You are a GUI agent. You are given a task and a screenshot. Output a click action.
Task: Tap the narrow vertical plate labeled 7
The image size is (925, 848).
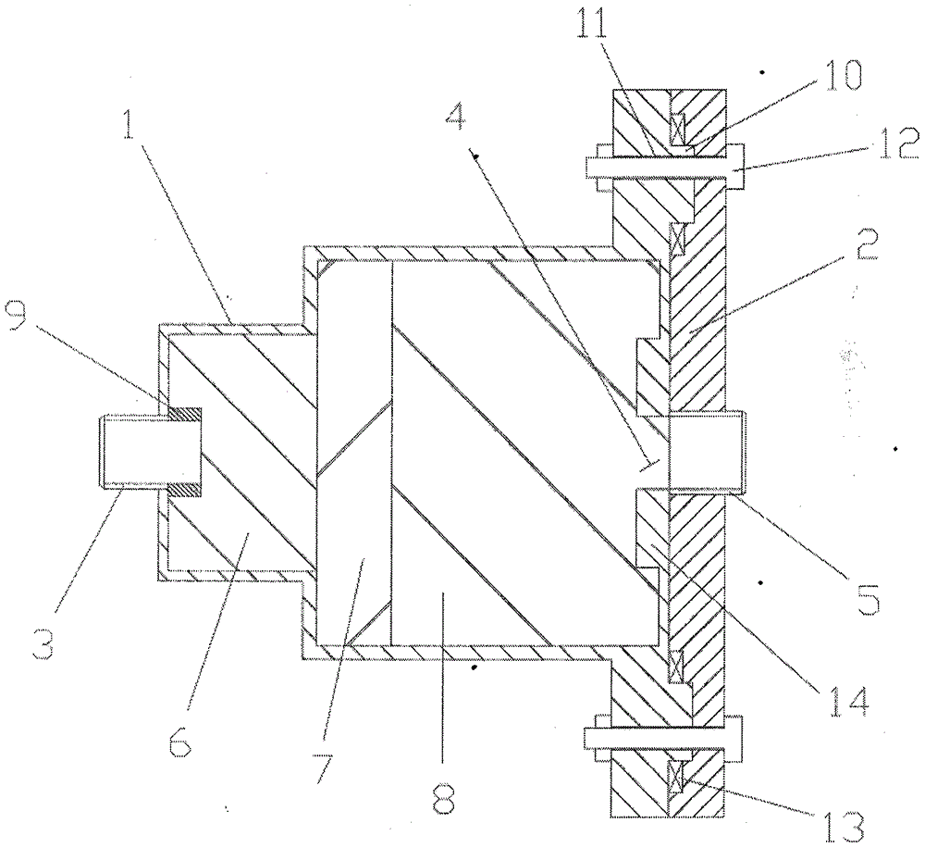coord(353,454)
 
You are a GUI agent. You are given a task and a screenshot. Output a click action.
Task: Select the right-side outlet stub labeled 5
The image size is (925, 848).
coord(703,450)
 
